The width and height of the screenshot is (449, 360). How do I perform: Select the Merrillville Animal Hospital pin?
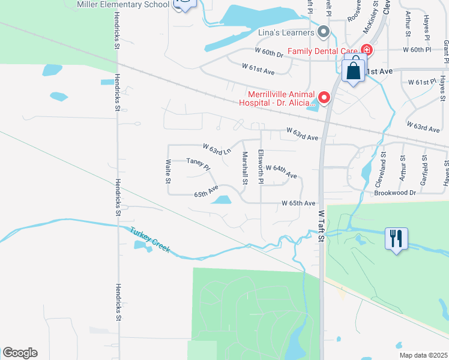coord(325,97)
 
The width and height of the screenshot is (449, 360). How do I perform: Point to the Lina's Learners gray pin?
coord(324,32)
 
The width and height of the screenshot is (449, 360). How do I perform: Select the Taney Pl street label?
coord(198,164)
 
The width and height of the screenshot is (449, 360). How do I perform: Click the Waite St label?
coord(169,172)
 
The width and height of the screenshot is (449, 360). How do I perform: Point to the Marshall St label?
coord(245,167)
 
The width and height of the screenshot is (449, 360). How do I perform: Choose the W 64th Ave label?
coord(281,171)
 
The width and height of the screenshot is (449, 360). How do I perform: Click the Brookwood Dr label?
coord(395,193)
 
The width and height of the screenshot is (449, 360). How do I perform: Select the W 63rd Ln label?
coord(217,149)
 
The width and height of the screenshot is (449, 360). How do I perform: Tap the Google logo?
coord(20,353)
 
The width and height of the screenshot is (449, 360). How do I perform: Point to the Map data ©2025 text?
coord(423,355)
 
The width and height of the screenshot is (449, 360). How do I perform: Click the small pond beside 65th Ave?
coord(222,200)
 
